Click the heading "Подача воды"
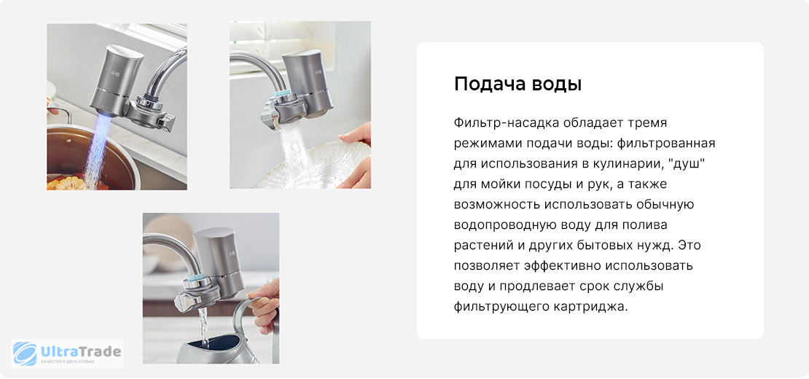517,84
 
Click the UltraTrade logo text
80,352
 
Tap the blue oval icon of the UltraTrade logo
26,353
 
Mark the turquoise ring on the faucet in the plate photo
284,94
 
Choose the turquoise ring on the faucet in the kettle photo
195,278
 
